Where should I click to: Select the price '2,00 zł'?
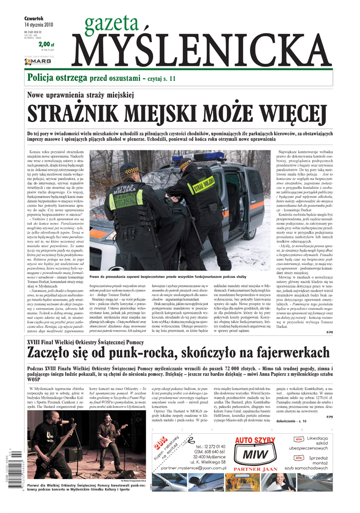[46, 45]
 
